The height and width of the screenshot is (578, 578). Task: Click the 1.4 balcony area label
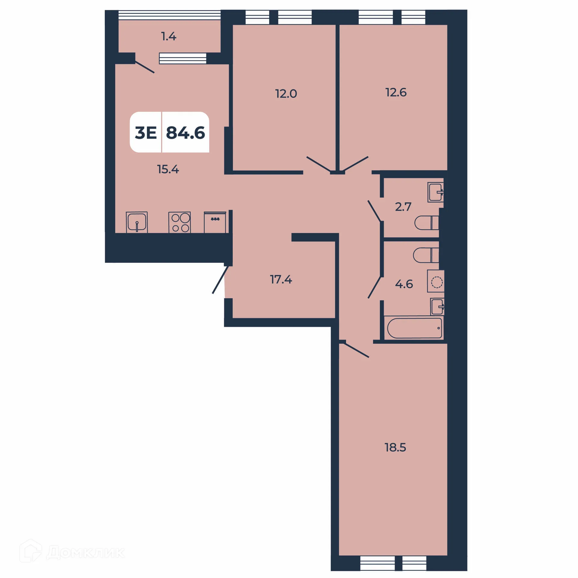[169, 36]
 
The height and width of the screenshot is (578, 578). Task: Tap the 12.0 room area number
[286, 94]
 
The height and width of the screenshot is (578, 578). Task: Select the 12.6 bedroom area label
[396, 92]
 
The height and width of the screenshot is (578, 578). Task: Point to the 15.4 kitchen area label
[168, 169]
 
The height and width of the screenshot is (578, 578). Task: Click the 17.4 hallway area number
[281, 279]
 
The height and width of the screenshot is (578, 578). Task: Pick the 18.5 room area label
[395, 447]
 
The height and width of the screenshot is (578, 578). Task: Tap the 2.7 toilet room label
[403, 207]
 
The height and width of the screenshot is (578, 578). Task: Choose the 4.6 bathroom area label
[404, 284]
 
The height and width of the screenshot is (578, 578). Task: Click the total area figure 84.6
[185, 133]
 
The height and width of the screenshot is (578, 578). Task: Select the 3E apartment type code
[146, 133]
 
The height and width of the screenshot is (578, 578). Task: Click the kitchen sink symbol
[137, 222]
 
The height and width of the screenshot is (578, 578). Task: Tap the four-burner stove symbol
[179, 222]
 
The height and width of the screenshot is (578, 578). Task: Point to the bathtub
[414, 328]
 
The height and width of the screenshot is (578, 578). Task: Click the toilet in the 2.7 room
[426, 223]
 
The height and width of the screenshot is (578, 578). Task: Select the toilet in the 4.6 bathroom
[426, 255]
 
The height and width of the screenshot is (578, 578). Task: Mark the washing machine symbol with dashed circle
[436, 281]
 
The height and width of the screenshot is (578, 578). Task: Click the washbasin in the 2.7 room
[436, 192]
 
